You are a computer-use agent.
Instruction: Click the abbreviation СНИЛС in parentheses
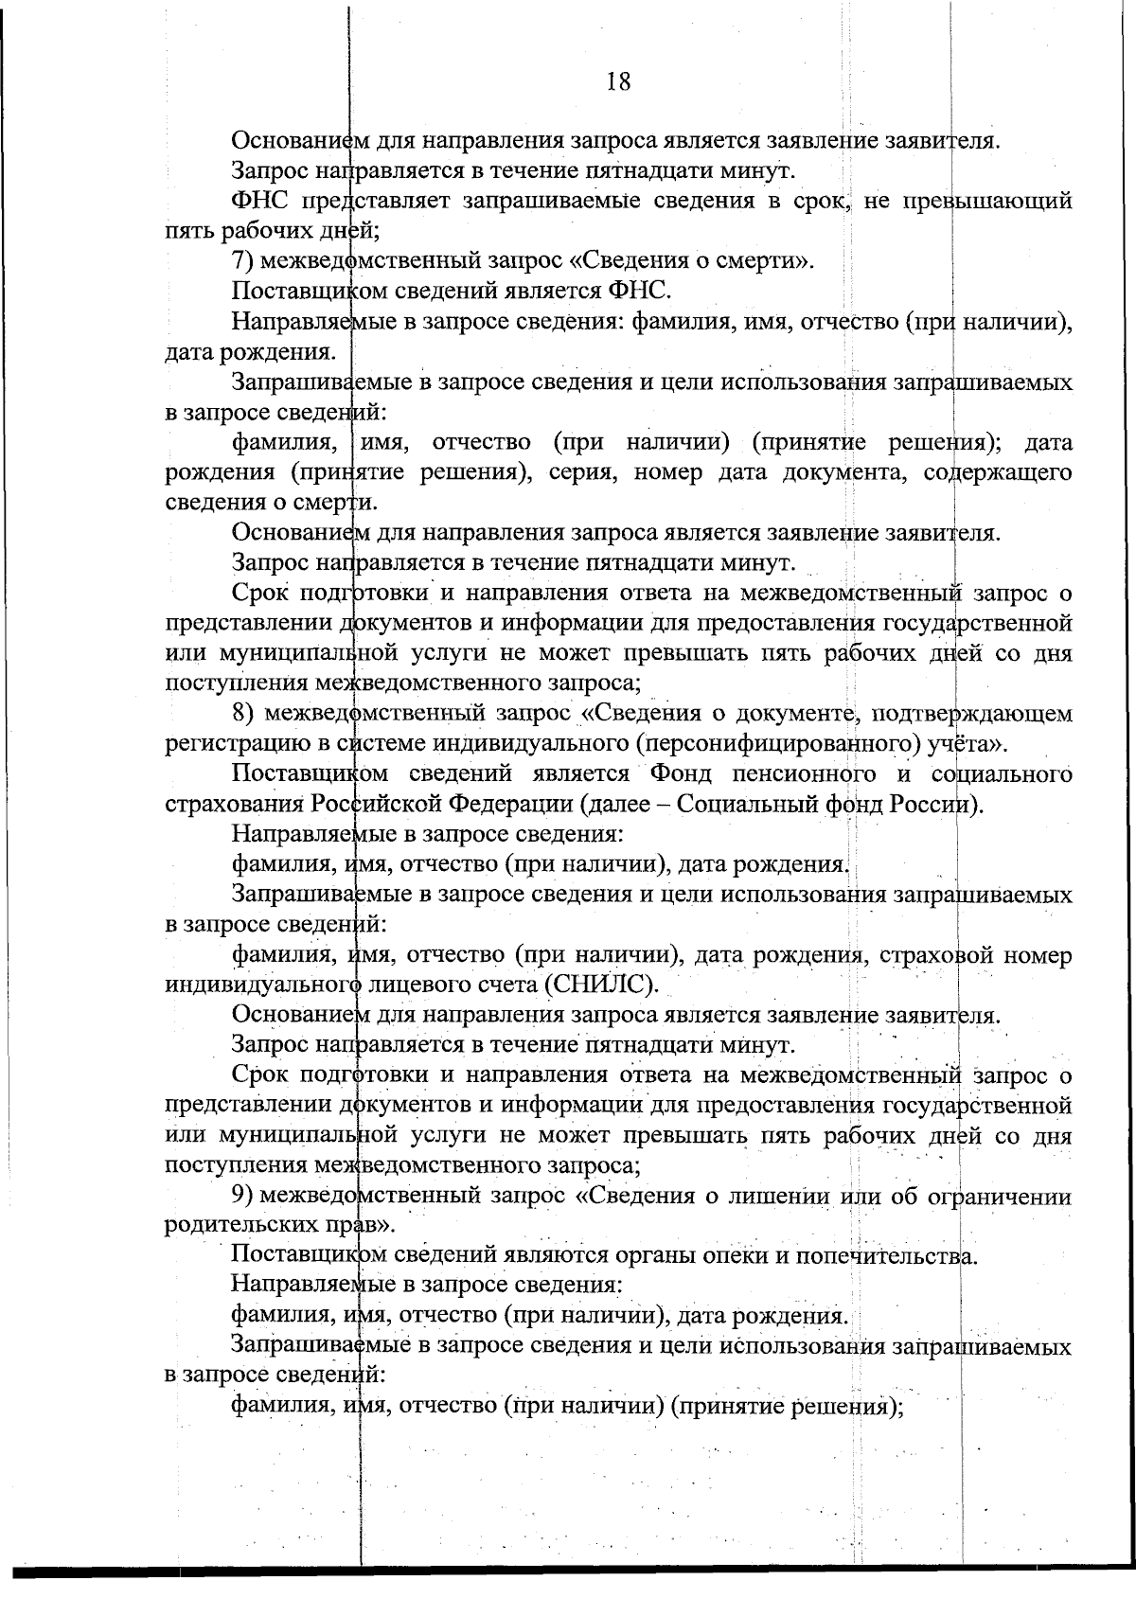(600, 985)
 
